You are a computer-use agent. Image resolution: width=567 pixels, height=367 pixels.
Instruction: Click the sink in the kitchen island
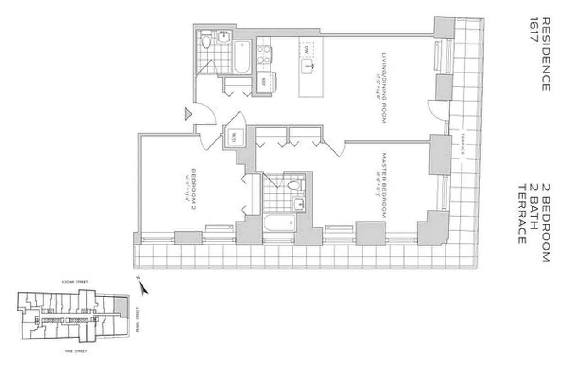pos(307,67)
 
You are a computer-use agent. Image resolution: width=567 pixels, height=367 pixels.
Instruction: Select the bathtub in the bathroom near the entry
pos(242,56)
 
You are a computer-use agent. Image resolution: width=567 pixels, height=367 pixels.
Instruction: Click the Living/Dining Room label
pos(384,88)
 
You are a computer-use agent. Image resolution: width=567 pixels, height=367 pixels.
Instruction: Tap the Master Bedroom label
pos(384,185)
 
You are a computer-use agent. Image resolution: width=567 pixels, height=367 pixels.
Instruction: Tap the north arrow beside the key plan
pos(143,289)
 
